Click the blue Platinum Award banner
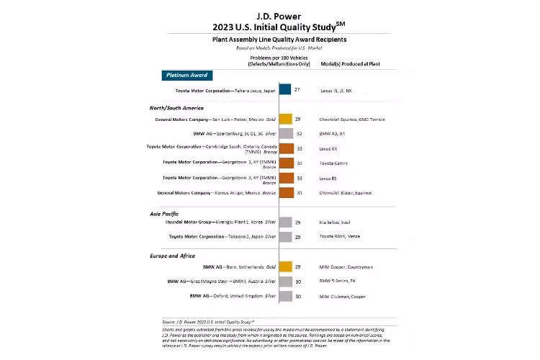tap(186, 74)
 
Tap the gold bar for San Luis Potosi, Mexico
tap(284, 119)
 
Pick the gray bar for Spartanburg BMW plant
tap(284, 133)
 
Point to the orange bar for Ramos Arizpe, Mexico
tap(284, 192)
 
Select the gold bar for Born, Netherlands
tap(284, 266)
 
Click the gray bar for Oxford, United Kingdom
tap(284, 295)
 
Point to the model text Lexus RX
tap(328, 148)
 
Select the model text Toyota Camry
tap(333, 163)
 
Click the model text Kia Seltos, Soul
tap(336, 222)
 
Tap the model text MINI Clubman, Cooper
tap(343, 295)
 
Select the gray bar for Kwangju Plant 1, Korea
tap(284, 222)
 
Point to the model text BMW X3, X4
tap(333, 133)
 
